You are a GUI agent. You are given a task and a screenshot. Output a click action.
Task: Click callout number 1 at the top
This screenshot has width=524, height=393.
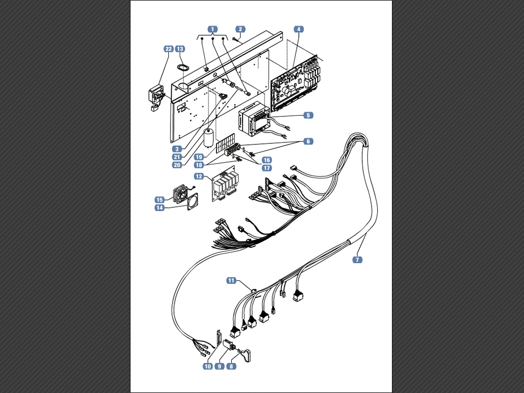coord(212,29)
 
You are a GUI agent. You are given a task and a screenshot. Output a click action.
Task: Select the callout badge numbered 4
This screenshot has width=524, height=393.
coord(299,29)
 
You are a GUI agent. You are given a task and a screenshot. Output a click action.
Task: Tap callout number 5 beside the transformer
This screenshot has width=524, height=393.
coord(308,115)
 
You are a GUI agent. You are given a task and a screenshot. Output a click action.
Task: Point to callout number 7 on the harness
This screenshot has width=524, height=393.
coord(357,259)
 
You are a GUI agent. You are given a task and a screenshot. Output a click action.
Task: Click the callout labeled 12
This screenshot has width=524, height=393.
coord(199,176)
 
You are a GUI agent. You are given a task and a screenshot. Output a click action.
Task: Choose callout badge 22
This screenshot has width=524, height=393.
coord(168,49)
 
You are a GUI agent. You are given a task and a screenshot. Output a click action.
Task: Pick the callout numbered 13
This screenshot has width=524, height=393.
coord(180,49)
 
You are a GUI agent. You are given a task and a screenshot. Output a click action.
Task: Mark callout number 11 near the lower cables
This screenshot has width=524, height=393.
coord(231,280)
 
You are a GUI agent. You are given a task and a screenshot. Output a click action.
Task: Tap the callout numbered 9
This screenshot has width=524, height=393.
coord(219,366)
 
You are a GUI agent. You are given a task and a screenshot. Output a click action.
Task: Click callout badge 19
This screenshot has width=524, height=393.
coord(199,157)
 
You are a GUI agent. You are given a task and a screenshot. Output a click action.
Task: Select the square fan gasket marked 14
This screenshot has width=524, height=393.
coord(193,202)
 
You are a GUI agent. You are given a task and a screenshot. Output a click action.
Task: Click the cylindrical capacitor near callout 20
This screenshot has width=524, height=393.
coord(209,137)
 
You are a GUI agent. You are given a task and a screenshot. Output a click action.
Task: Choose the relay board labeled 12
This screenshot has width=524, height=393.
coord(224,184)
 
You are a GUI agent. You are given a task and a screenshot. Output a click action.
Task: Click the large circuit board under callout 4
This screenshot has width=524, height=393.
coord(294,83)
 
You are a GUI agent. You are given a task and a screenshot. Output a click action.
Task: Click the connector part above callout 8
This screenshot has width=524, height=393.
coord(247,355)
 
